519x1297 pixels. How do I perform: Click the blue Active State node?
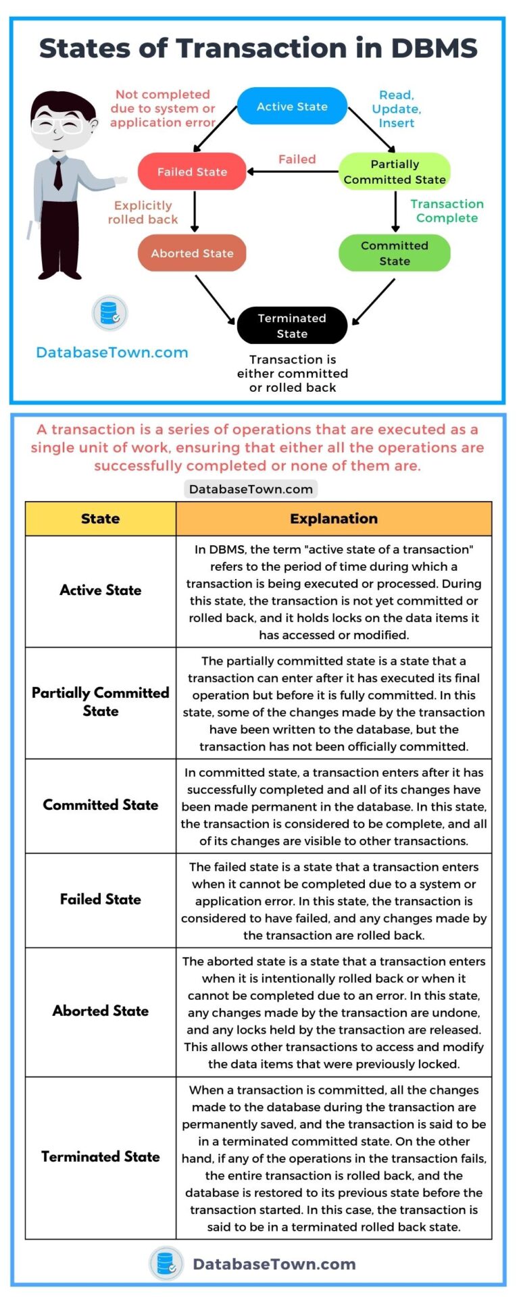[x=292, y=107]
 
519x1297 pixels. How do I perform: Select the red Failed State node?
[x=192, y=172]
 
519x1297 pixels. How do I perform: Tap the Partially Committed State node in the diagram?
[x=395, y=172]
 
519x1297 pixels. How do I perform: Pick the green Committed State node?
[x=395, y=253]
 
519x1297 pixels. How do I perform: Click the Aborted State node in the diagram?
[x=192, y=253]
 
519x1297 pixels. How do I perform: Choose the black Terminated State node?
[x=292, y=326]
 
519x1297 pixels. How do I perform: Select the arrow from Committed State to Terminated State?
[x=374, y=301]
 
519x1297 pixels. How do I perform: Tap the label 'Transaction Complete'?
[x=447, y=211]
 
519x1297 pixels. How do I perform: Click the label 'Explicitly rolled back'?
[x=143, y=212]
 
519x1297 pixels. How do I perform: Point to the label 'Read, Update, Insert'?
[x=397, y=109]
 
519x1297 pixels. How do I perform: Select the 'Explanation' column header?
[x=334, y=519]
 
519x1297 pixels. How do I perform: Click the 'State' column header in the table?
[x=100, y=519]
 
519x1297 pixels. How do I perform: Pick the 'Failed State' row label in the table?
[x=100, y=899]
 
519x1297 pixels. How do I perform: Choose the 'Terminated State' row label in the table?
[x=100, y=1156]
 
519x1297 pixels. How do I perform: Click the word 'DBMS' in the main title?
[x=434, y=49]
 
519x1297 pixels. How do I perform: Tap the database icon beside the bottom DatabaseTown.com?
[x=166, y=1264]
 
